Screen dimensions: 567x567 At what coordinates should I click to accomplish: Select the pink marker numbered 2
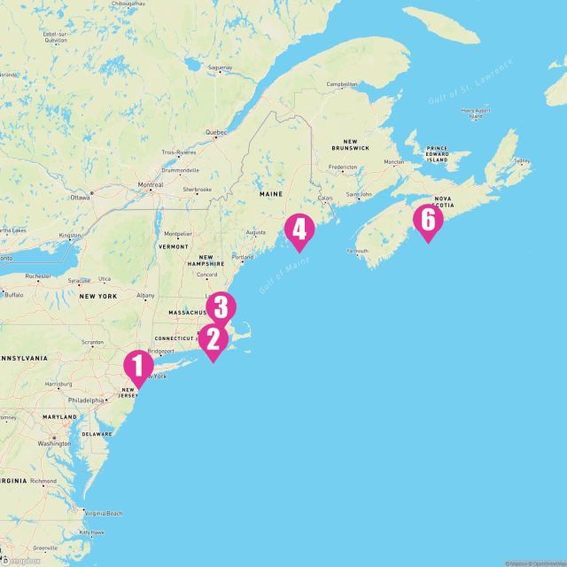[x=212, y=339]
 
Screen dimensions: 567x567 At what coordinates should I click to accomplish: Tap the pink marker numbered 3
[x=221, y=308]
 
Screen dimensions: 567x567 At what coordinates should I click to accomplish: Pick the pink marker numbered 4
[x=299, y=230]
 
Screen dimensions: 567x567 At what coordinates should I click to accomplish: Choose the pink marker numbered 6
[x=428, y=220]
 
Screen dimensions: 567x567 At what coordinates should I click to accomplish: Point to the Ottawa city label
[x=81, y=195]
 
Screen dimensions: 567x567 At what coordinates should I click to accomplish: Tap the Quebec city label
[x=216, y=132]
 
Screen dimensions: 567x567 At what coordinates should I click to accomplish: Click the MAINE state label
[x=270, y=192]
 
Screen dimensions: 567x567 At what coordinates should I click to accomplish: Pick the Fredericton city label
[x=342, y=167]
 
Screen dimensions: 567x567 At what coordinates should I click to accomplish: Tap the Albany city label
[x=145, y=295]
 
